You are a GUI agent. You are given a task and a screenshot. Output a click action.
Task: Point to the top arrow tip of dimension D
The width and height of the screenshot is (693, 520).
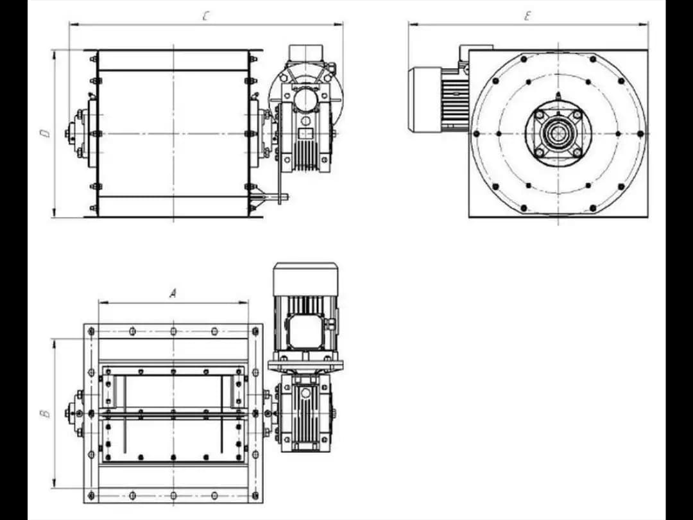[x=55, y=51]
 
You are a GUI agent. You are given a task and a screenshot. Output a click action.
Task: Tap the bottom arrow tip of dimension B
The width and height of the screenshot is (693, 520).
[x=55, y=488]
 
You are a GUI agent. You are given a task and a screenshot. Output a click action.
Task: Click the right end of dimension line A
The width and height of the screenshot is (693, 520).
[x=248, y=303]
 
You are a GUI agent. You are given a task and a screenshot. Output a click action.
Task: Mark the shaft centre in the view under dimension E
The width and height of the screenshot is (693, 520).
[x=558, y=134]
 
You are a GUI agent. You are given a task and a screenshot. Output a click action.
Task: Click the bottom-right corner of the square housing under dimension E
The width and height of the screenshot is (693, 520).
[x=648, y=217]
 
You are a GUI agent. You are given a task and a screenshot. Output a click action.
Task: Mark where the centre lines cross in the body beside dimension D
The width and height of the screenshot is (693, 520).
[x=173, y=134]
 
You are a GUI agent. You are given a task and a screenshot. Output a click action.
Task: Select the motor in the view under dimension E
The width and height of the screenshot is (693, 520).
[x=438, y=99]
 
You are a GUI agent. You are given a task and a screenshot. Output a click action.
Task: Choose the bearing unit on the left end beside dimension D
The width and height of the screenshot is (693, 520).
[x=79, y=134]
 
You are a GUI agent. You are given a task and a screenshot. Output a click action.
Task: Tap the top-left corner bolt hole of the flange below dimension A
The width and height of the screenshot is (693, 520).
[x=92, y=331]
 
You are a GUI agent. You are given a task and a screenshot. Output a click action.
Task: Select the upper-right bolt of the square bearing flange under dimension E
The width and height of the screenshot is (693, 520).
[x=577, y=115]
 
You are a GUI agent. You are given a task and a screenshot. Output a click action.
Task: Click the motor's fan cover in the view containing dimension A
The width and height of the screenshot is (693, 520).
[x=306, y=279]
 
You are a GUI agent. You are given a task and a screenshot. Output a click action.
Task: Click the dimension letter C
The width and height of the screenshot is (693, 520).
[x=205, y=16]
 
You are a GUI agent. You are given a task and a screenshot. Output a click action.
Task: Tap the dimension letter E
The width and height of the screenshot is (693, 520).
[x=527, y=16]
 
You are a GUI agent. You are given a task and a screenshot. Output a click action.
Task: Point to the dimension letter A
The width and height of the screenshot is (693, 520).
[x=173, y=293]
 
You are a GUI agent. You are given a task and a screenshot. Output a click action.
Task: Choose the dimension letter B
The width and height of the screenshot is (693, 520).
[x=46, y=413]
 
